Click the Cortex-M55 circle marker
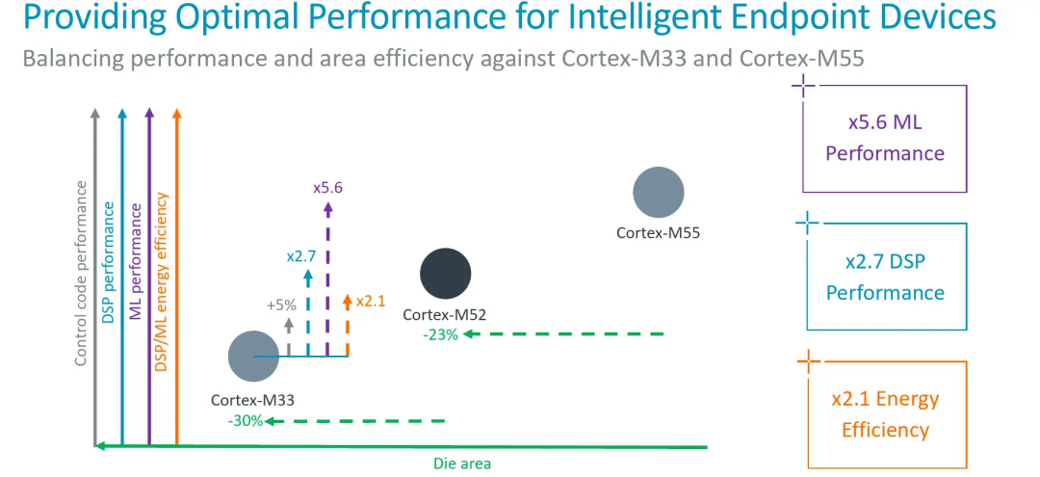point(659,192)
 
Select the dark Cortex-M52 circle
point(445,273)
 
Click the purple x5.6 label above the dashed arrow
point(328,187)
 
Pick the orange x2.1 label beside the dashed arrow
point(371,301)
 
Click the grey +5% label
point(282,305)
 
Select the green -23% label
point(440,334)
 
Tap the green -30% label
point(245,421)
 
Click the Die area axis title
point(461,464)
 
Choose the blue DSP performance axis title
point(109,261)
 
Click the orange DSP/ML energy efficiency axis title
point(162,282)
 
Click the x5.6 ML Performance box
point(884,138)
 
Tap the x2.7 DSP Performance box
point(884,277)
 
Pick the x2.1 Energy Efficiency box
point(884,414)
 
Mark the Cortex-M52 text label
point(444,314)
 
